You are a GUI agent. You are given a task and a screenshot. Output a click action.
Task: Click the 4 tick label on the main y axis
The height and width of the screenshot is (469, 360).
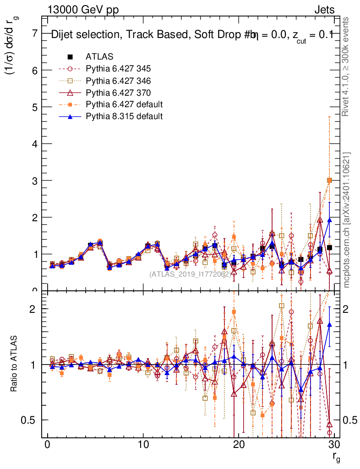pos(34,144)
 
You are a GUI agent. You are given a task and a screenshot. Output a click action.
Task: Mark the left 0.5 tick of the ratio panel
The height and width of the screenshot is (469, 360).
pos(31,420)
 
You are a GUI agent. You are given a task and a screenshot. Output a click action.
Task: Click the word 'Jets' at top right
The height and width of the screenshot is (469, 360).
pos(324,10)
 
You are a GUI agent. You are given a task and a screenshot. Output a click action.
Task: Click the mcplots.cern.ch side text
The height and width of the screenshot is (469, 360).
pos(347,220)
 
